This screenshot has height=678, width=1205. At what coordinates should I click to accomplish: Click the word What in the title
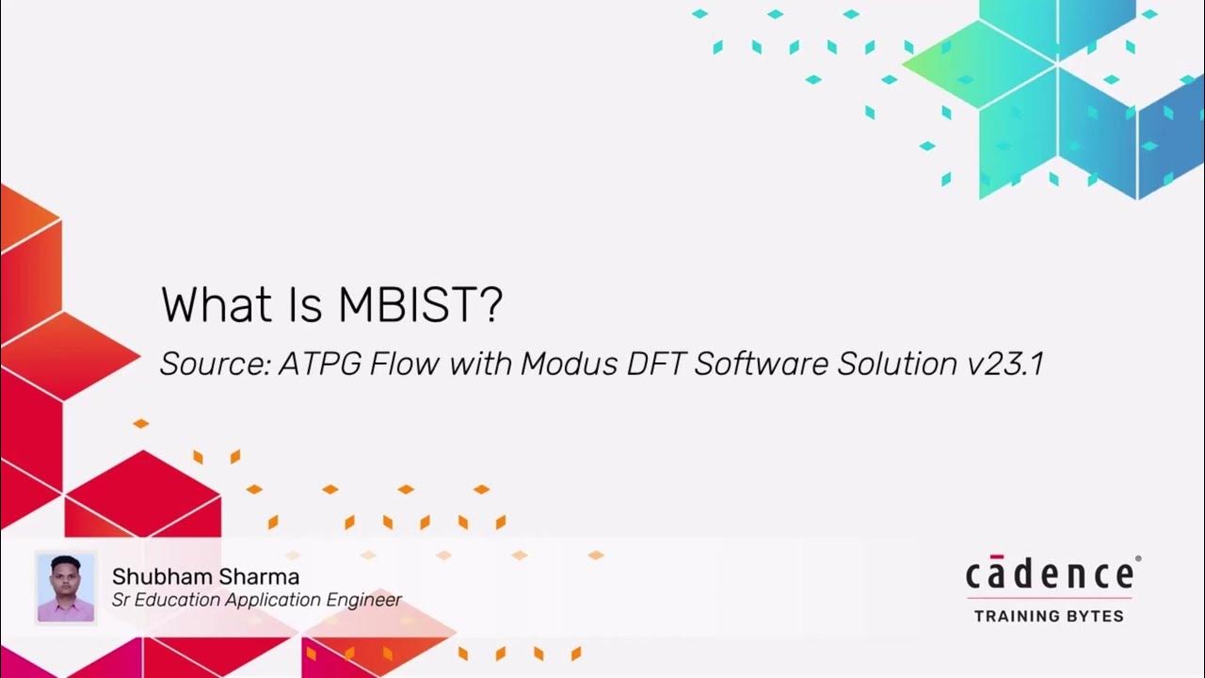[214, 304]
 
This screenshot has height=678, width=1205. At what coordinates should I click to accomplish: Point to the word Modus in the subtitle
[562, 364]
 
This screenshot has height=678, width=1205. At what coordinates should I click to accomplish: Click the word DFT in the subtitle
[650, 364]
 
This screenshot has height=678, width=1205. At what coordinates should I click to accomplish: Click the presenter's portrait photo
[66, 587]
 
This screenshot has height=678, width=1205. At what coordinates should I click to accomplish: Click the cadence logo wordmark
[1049, 573]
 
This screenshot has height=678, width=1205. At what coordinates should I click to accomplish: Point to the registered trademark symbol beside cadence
[1138, 558]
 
